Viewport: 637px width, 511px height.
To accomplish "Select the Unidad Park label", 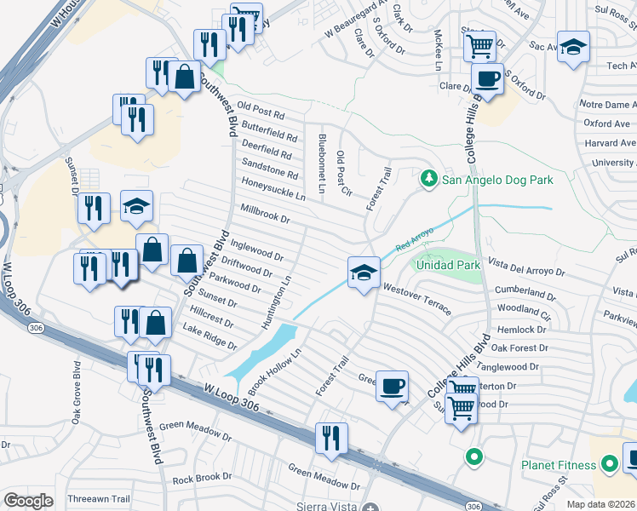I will tap(448, 265).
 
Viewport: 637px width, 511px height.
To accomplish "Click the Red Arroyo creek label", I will tap(415, 238).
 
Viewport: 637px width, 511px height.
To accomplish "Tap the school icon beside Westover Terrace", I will tap(364, 273).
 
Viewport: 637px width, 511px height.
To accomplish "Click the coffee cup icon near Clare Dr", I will tap(488, 79).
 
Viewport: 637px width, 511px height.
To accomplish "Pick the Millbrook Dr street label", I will tap(266, 214).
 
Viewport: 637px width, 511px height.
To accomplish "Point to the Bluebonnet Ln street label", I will tap(321, 163).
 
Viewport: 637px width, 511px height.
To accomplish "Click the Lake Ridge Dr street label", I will tap(209, 337).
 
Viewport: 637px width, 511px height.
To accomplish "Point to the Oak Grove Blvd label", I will tap(76, 392).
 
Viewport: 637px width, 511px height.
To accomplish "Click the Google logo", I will tap(28, 501).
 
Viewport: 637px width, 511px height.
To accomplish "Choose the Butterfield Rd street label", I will tap(269, 131).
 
